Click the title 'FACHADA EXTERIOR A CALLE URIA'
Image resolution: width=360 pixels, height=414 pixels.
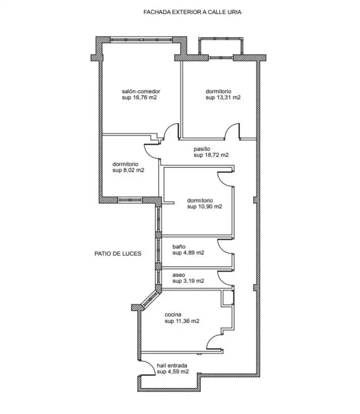click(192, 12)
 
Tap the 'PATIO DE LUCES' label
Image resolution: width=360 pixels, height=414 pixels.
click(118, 254)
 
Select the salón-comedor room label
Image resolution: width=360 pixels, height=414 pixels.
click(141, 91)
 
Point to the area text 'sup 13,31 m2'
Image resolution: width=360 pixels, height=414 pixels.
click(223, 97)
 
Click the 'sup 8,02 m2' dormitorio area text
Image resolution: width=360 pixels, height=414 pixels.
click(128, 170)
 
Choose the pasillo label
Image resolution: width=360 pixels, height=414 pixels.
click(201, 149)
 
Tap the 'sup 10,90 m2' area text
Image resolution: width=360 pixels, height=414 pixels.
click(205, 207)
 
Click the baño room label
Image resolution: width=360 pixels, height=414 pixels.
click(179, 246)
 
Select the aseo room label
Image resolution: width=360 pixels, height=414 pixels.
click(179, 275)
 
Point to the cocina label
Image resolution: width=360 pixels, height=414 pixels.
click(173, 314)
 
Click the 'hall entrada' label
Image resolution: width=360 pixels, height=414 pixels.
click(172, 366)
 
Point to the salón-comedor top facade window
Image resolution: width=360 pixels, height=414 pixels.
click(141, 39)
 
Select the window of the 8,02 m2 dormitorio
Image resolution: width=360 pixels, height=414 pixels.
click(130, 200)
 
